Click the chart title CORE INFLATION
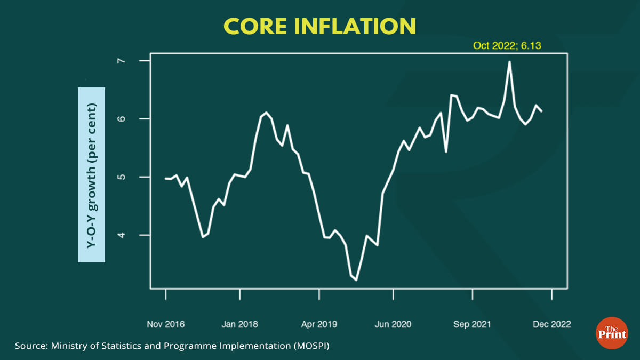click(319, 26)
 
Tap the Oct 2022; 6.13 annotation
click(507, 46)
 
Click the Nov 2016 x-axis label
click(165, 324)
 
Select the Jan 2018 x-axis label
click(240, 324)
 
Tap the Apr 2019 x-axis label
click(319, 324)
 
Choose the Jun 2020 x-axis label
click(393, 324)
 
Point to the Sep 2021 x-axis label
click(473, 324)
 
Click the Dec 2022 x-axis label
click(551, 324)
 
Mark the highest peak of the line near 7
click(509, 62)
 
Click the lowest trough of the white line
click(356, 279)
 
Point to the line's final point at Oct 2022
click(542, 111)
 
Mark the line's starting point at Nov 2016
click(165, 178)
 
